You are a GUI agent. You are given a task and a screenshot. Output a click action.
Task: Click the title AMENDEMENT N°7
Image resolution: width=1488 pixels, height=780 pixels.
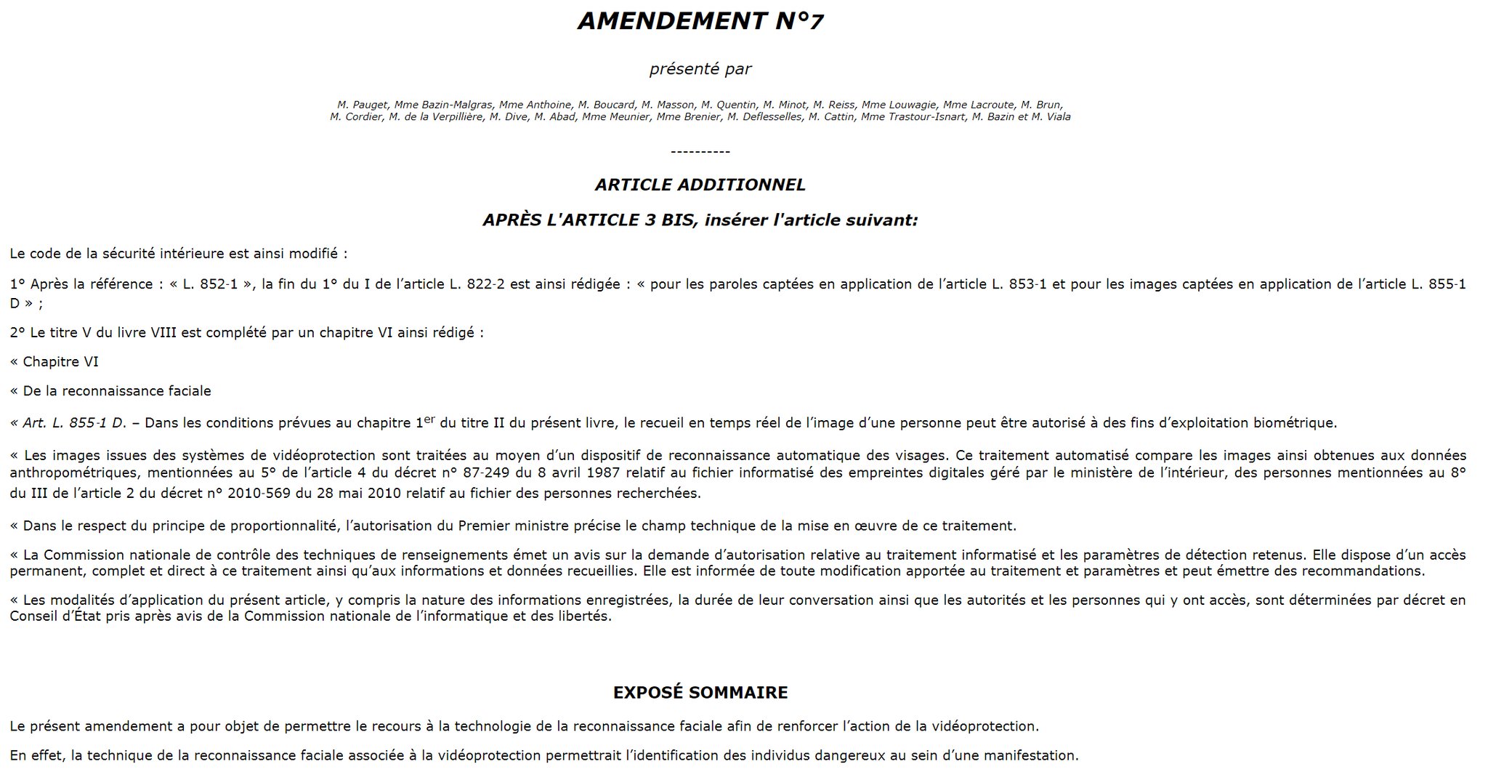point(700,21)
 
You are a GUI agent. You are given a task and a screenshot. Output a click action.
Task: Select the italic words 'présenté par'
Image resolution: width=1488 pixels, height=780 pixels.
point(700,69)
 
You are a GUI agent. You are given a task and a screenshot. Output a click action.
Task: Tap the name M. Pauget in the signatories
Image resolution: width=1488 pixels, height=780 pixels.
point(362,105)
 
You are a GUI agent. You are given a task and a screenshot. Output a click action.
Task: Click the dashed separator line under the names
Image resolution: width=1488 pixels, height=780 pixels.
point(700,152)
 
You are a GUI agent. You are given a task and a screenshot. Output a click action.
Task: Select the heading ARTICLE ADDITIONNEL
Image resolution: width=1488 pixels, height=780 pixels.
point(700,185)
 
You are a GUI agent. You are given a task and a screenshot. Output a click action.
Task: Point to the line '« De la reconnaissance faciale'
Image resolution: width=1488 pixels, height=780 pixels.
point(110,391)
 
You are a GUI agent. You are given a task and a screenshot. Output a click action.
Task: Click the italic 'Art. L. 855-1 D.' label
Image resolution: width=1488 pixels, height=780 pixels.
point(74,423)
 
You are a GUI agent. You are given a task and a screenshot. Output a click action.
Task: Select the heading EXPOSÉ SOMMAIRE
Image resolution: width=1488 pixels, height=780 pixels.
point(700,692)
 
